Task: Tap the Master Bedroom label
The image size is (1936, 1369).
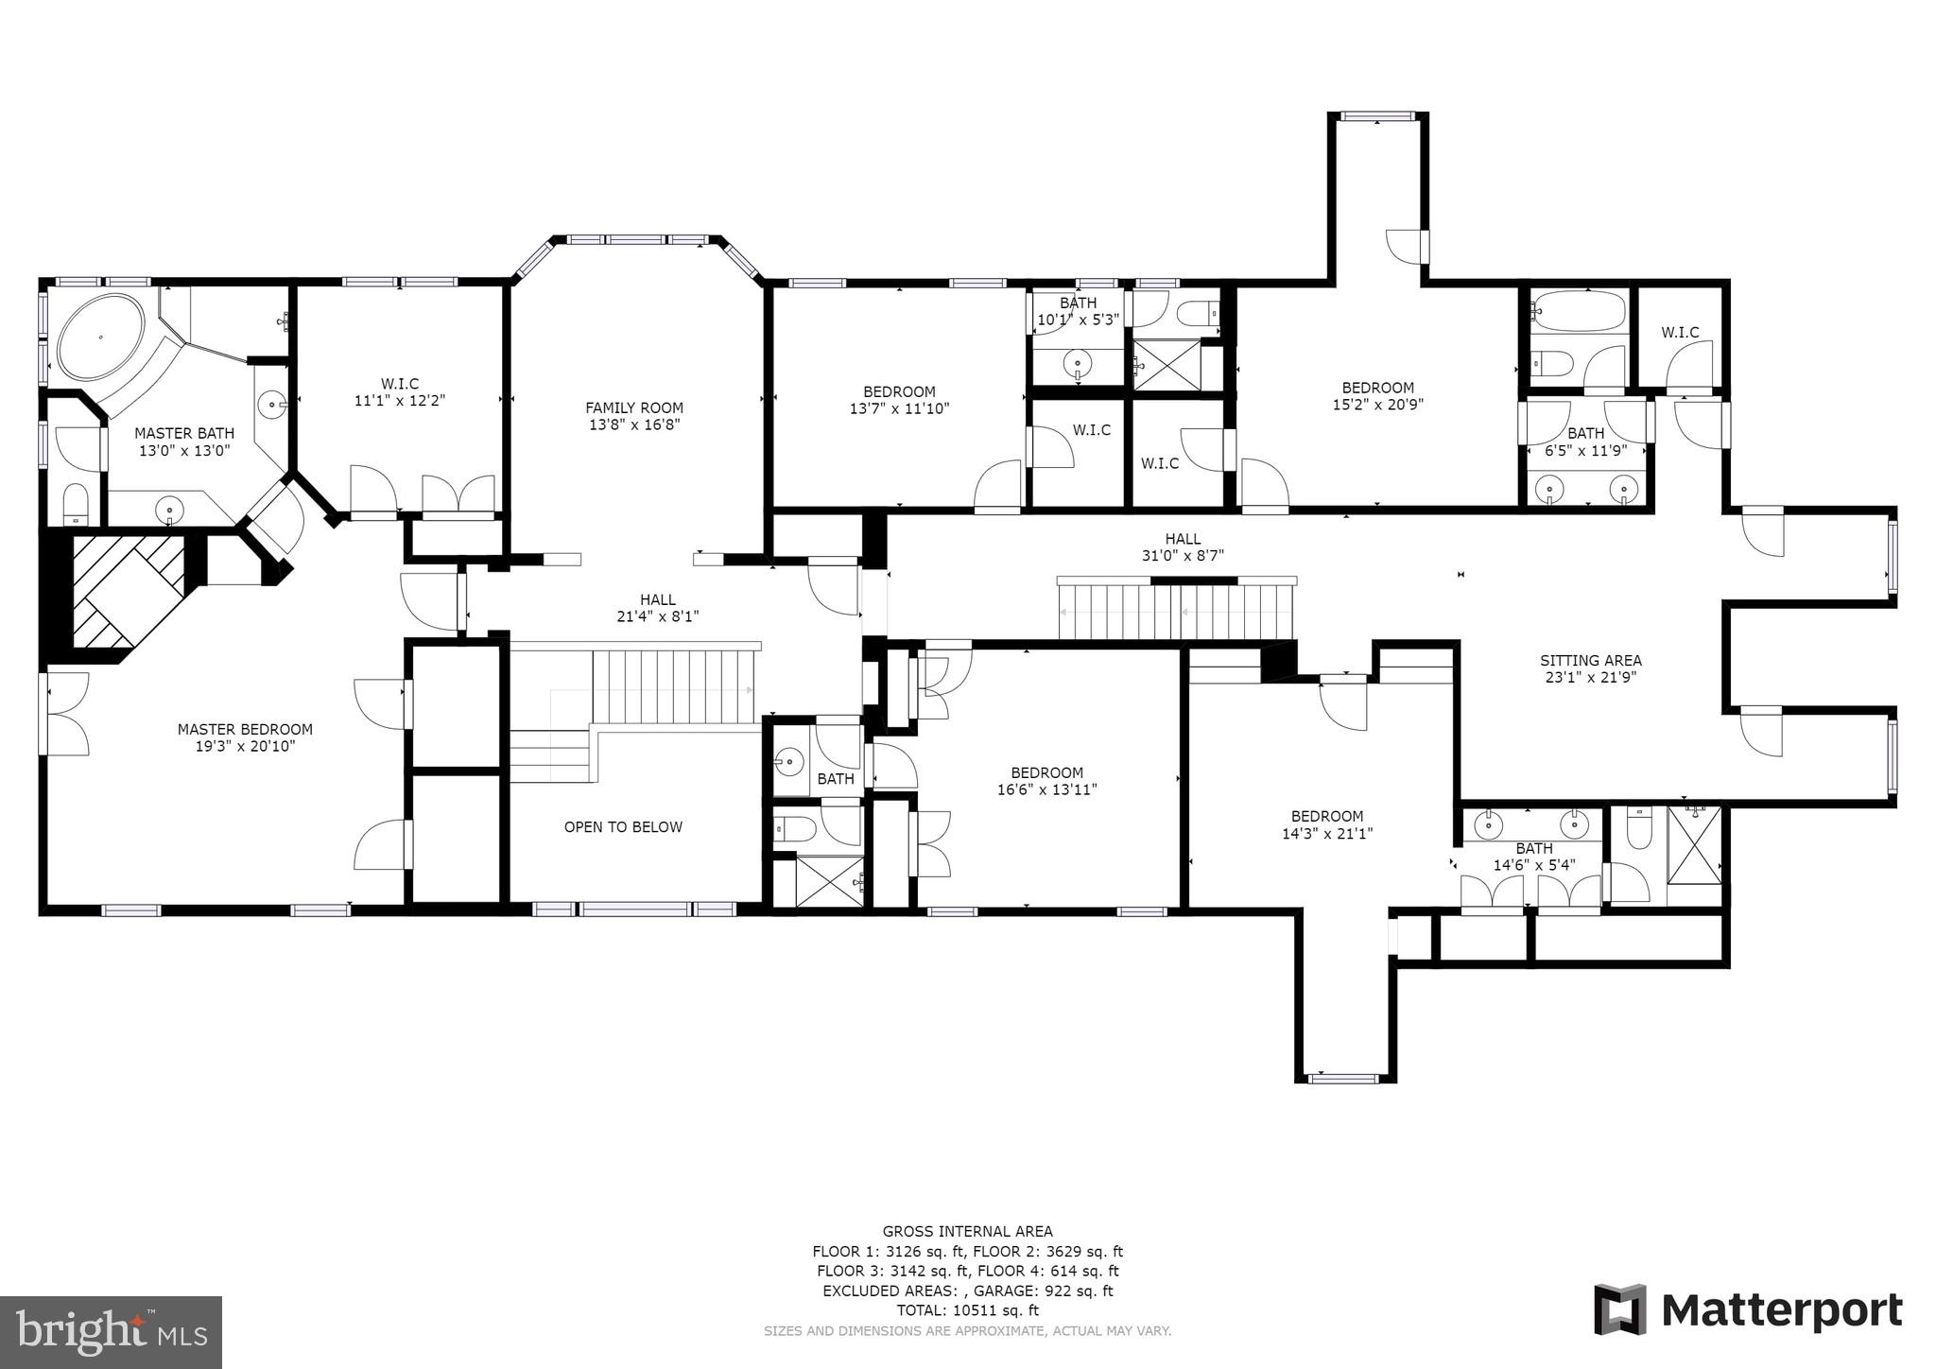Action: pyautogui.click(x=245, y=730)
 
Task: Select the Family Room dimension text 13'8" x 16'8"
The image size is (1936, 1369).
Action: pyautogui.click(x=634, y=425)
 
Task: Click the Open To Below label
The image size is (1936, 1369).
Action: pyautogui.click(x=623, y=827)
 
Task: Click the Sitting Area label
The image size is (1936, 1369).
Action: pyautogui.click(x=1590, y=661)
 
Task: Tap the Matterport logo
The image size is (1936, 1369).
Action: pyautogui.click(x=1748, y=1311)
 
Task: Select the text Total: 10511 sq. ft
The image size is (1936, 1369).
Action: pyautogui.click(x=967, y=1310)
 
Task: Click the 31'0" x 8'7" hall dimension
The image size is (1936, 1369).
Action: pyautogui.click(x=1183, y=556)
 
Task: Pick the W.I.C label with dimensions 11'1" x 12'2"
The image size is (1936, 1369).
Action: pyautogui.click(x=399, y=392)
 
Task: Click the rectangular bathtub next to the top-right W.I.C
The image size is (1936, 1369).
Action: pyautogui.click(x=1579, y=310)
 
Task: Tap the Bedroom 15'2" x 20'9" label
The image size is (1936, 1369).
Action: pyautogui.click(x=1377, y=395)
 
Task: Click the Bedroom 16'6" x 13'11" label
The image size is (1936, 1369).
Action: pyautogui.click(x=1046, y=781)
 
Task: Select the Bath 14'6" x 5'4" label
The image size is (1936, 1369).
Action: pyautogui.click(x=1533, y=857)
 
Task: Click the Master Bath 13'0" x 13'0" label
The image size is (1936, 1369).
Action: pyautogui.click(x=183, y=442)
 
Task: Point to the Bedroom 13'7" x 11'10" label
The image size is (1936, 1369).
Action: pyautogui.click(x=899, y=400)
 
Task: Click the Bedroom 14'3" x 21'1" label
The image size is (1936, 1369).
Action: pyautogui.click(x=1327, y=824)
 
